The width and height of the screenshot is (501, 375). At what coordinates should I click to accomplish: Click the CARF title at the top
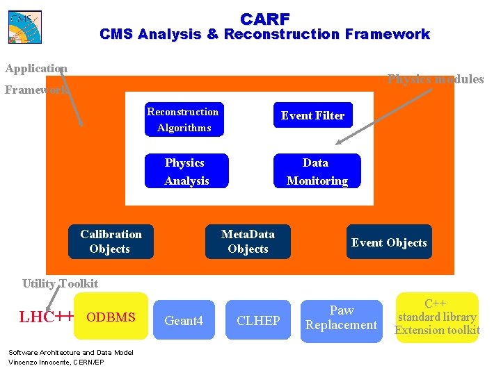click(x=265, y=19)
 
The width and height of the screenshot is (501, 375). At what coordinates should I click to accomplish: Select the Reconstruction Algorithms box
click(x=182, y=119)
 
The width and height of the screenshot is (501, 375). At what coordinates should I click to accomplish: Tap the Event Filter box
click(x=312, y=115)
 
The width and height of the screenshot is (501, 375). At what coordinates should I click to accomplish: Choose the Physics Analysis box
click(x=186, y=171)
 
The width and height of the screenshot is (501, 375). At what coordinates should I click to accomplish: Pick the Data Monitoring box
click(x=317, y=171)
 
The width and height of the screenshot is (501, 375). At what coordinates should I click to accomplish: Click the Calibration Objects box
click(x=111, y=242)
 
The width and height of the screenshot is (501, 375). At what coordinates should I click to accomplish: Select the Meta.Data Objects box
click(x=248, y=242)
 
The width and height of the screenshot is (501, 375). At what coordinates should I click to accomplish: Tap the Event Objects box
click(x=389, y=242)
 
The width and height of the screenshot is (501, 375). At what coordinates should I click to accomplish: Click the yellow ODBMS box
click(x=111, y=317)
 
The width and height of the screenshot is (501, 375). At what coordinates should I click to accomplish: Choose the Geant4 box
click(x=184, y=320)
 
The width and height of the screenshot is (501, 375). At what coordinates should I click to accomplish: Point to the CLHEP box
click(x=258, y=320)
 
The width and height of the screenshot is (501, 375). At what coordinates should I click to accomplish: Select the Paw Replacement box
click(x=341, y=318)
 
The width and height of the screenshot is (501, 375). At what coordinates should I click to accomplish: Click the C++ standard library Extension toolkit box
click(x=437, y=317)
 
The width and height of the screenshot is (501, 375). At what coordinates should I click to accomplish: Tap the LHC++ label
click(x=46, y=317)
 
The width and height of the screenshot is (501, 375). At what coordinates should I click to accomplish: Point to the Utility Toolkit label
click(x=60, y=283)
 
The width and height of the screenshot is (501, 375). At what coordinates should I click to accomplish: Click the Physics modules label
click(x=436, y=79)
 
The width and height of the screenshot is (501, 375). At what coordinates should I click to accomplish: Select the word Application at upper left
click(x=35, y=68)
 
